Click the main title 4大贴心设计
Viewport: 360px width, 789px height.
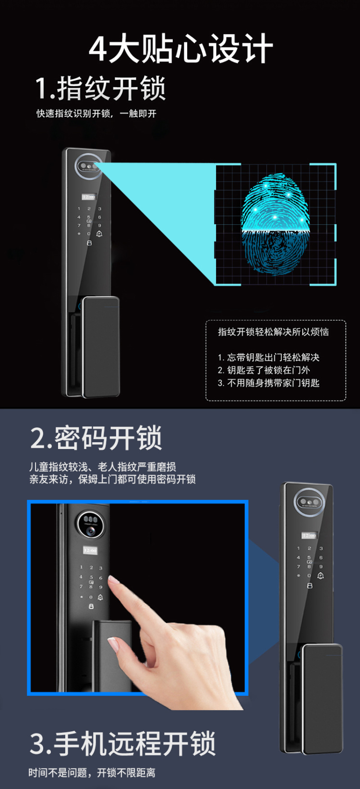[x=180, y=48]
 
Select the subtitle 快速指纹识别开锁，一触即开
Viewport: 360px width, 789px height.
[x=96, y=113]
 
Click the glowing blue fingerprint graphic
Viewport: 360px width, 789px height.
[x=276, y=223]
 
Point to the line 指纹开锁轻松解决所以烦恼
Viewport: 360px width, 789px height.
[x=273, y=332]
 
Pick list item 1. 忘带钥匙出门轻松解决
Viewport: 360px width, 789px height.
[x=268, y=357]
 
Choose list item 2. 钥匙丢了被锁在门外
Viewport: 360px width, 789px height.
[x=264, y=370]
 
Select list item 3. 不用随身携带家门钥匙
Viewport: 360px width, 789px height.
[x=268, y=383]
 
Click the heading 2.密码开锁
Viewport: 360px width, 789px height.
[x=96, y=438]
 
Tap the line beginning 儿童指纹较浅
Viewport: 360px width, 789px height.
[x=102, y=467]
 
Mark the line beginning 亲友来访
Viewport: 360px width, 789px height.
[x=112, y=479]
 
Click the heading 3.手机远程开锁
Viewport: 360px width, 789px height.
[x=122, y=743]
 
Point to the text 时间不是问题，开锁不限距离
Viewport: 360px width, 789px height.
[x=92, y=773]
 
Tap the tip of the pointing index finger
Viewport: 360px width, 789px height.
[x=111, y=578]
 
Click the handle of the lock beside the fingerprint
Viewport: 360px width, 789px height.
[x=101, y=347]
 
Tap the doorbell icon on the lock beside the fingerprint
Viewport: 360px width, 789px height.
[x=99, y=233]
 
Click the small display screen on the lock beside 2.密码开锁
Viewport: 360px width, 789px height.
[x=309, y=536]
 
